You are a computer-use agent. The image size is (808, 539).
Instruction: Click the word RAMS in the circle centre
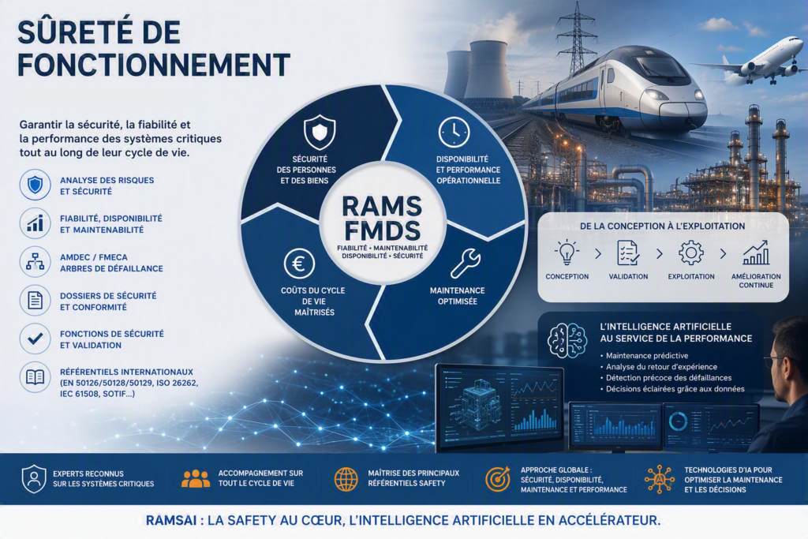(x=382, y=207)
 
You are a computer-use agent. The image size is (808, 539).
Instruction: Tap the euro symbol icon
(x=299, y=264)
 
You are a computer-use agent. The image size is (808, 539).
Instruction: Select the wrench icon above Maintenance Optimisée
(x=466, y=264)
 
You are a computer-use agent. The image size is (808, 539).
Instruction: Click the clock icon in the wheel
(x=454, y=132)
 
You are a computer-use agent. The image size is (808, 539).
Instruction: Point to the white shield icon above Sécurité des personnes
(x=320, y=132)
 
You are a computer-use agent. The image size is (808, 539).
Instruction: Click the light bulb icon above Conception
(x=567, y=253)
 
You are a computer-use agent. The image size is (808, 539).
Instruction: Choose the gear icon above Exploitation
(x=691, y=253)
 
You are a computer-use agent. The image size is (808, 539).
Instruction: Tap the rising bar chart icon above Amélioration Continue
(x=756, y=253)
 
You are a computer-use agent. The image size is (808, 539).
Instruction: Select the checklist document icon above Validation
(x=628, y=253)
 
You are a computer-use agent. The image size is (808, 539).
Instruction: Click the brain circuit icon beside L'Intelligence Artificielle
(x=567, y=341)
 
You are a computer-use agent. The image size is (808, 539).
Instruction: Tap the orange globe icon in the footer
(x=346, y=479)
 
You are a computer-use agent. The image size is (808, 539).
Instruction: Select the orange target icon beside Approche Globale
(x=497, y=479)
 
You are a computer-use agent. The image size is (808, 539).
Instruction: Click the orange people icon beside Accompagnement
(x=196, y=478)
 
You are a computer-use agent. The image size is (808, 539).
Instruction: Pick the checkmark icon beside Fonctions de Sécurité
(x=35, y=339)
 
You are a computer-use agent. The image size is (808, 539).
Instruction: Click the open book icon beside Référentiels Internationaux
(x=35, y=377)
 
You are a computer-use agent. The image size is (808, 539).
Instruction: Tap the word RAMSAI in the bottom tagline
(x=171, y=520)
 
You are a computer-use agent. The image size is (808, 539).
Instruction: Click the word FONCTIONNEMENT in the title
(x=154, y=65)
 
